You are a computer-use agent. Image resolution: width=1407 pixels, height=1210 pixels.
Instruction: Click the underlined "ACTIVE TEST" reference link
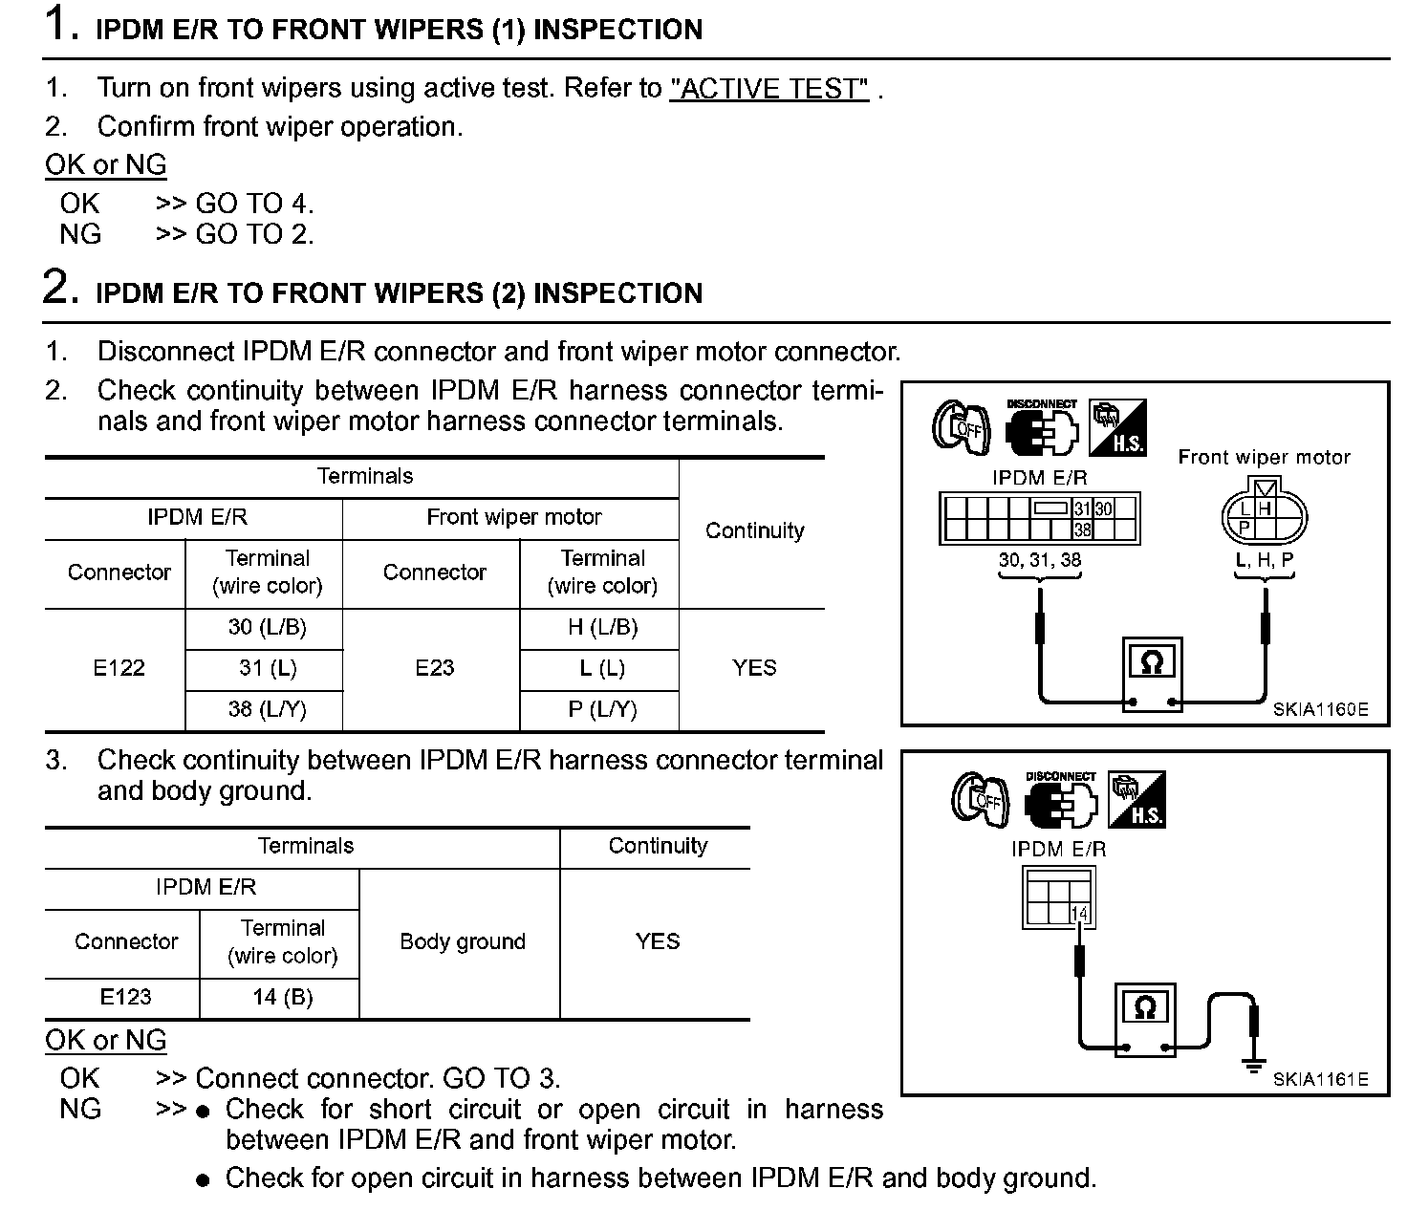[x=769, y=89]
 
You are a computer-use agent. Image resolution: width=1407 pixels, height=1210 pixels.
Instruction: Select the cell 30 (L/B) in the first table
[x=268, y=628]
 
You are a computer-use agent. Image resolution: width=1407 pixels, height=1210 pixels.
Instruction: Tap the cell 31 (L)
[x=268, y=668]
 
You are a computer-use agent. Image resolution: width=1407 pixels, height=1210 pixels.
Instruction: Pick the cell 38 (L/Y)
[x=268, y=709]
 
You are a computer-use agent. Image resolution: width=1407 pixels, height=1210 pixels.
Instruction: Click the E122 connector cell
[x=119, y=668]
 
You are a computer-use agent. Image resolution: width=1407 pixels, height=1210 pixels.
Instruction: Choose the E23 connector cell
[x=434, y=668]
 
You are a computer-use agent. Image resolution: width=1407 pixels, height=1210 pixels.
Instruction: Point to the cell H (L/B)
[x=602, y=628]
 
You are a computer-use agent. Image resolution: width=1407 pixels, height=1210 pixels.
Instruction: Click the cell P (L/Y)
[x=602, y=709]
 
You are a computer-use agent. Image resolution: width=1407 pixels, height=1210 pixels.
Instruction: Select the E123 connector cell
[x=125, y=997]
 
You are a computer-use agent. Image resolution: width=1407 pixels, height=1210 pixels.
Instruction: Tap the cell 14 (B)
[x=283, y=997]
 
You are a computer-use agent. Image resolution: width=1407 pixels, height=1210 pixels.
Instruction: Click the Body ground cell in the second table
[x=463, y=941]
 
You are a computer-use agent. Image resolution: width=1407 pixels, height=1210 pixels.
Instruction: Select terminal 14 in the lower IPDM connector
[x=1079, y=914]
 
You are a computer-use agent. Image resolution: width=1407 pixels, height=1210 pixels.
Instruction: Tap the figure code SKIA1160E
[x=1320, y=710]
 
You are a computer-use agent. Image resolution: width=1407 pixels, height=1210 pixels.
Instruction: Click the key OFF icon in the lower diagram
[x=980, y=798]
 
